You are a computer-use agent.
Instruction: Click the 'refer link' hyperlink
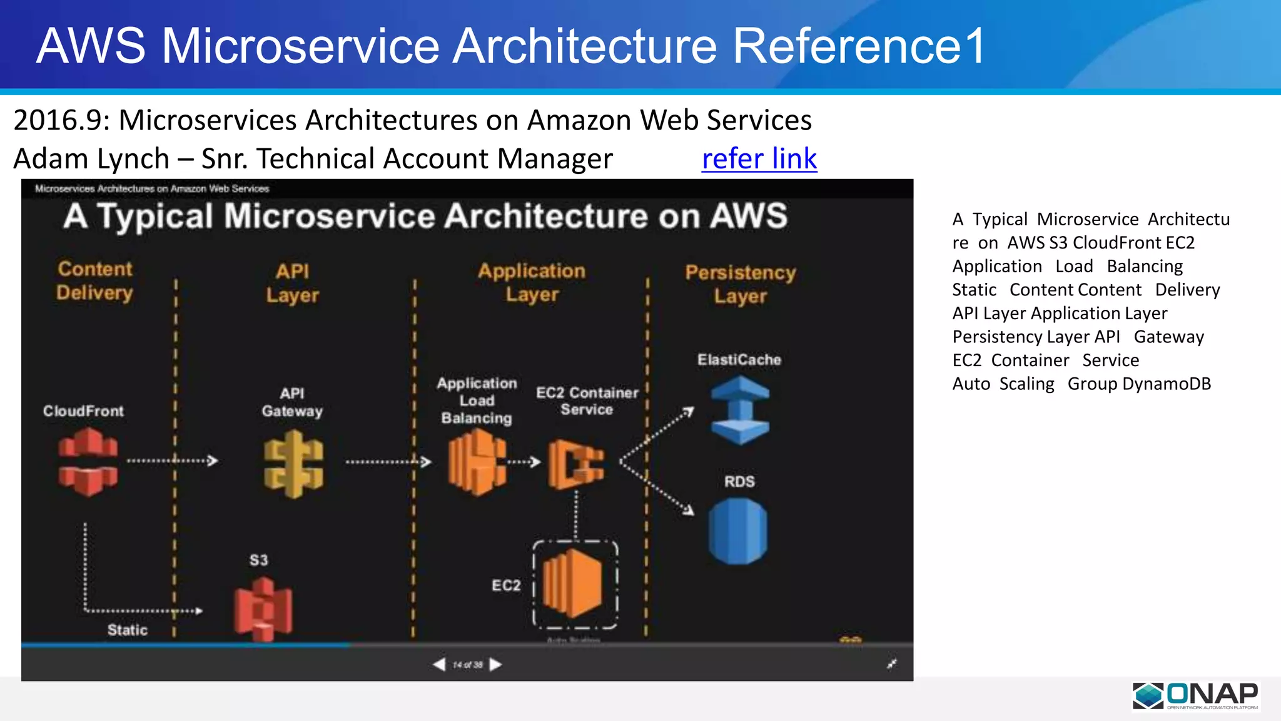pos(759,159)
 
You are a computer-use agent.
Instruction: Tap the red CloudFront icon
pos(88,462)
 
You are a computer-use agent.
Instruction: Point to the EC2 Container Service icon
pos(576,464)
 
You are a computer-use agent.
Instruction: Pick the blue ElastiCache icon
pos(740,410)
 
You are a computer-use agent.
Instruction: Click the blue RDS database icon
pos(738,531)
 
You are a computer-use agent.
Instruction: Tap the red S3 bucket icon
pos(263,608)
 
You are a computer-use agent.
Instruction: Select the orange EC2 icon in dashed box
pos(572,583)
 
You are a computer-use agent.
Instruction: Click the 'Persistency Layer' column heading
pos(741,284)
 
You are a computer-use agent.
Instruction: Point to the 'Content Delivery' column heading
pos(95,280)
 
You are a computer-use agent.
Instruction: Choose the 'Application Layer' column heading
pos(532,282)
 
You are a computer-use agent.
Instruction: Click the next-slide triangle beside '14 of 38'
pos(496,664)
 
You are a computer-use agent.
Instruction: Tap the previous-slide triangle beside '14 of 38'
pos(439,664)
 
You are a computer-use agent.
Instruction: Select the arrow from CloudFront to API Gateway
pos(172,461)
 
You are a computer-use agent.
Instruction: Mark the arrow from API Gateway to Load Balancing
pos(388,463)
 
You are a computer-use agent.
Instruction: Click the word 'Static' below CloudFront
pos(128,630)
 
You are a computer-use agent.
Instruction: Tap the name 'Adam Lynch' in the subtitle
pos(91,159)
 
